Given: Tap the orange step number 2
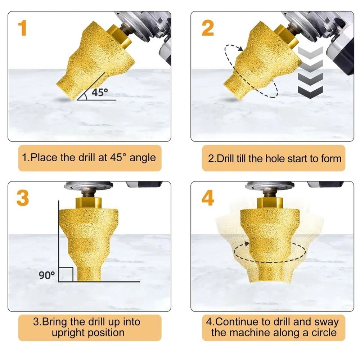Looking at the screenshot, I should (207, 28).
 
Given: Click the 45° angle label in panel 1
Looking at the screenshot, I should (99, 92).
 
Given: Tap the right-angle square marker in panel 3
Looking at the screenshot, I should (66, 274).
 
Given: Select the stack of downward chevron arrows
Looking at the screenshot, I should (311, 72).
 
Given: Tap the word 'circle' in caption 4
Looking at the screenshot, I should (322, 332).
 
